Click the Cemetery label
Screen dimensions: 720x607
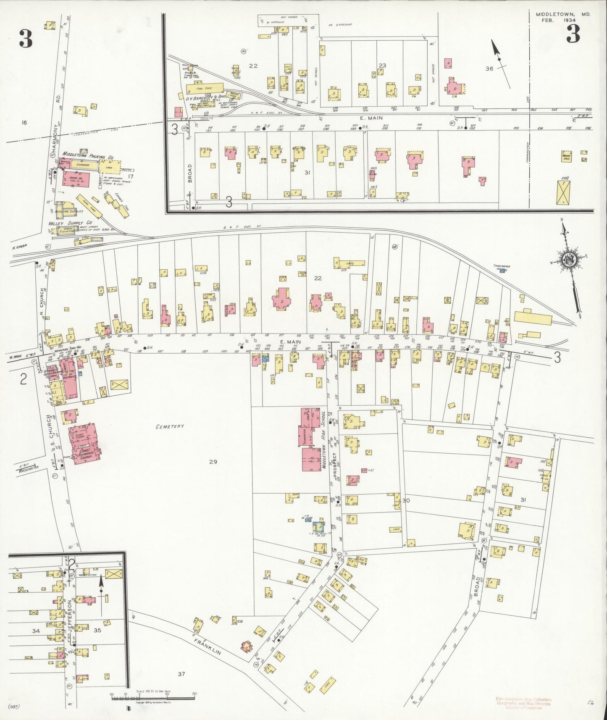[x=170, y=426]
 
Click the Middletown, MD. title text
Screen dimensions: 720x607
[x=562, y=14]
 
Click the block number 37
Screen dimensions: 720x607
[x=181, y=674]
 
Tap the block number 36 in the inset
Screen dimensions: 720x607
[x=489, y=68]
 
